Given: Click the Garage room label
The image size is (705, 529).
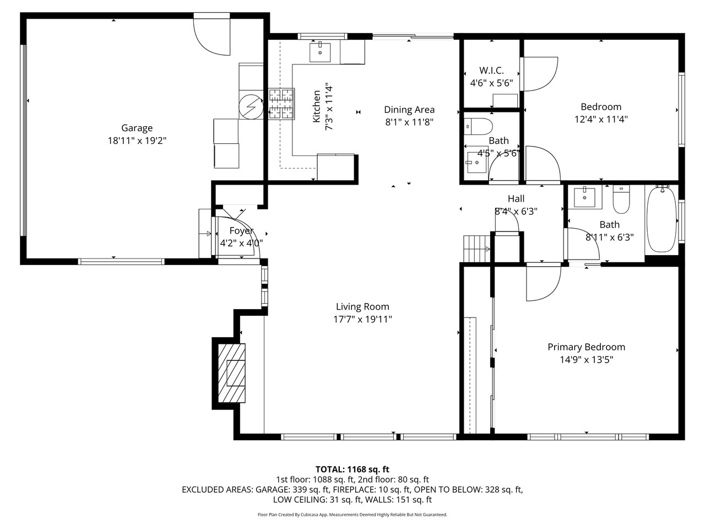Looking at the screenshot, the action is click(x=137, y=128).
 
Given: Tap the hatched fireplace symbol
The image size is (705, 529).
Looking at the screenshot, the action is click(x=231, y=373).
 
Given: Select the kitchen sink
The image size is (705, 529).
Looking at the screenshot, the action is click(x=320, y=51).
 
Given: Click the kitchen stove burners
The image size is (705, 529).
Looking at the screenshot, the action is click(x=281, y=104).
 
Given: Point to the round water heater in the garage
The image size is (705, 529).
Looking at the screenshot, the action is click(x=251, y=107).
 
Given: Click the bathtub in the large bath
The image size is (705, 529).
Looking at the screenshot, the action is click(x=661, y=220).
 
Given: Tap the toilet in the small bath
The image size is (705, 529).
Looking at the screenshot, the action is click(x=478, y=127).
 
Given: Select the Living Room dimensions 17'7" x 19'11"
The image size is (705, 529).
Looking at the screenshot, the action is click(x=362, y=319).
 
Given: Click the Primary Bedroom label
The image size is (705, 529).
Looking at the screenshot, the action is click(x=586, y=347).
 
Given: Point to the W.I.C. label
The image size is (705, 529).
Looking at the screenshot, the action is click(x=491, y=71).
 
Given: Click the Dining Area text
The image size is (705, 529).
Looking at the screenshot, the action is click(x=409, y=110).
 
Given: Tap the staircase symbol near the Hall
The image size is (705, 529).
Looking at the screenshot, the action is click(x=477, y=249).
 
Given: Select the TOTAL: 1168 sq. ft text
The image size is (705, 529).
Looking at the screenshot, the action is click(x=352, y=469).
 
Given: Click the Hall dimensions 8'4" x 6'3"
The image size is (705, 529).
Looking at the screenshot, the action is click(x=516, y=212).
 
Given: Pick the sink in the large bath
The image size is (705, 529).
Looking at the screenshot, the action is click(x=584, y=197).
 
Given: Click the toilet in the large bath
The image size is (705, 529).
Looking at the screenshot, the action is click(x=621, y=199).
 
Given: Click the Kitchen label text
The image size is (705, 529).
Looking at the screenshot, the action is click(x=317, y=106).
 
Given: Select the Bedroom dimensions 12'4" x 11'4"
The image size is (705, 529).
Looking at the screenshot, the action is click(x=601, y=119).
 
